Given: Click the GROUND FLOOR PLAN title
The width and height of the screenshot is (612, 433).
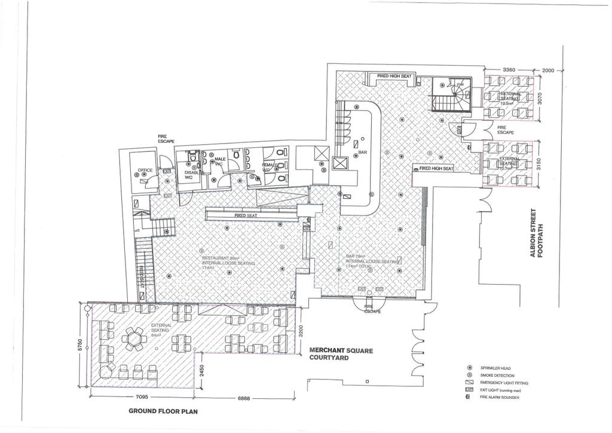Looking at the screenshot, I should (163, 411).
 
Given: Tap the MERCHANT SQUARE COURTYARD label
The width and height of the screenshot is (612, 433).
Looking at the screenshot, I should (341, 354).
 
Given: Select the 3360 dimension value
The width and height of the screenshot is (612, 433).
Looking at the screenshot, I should (509, 70).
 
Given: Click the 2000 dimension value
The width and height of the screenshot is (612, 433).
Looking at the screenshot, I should (548, 70).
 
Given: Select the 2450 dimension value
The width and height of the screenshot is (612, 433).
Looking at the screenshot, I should (204, 375).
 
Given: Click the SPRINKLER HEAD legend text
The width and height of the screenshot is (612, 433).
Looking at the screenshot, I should (495, 368).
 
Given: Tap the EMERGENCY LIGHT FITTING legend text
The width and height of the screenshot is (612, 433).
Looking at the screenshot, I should (504, 383).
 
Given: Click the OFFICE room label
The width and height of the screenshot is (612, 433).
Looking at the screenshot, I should (146, 170).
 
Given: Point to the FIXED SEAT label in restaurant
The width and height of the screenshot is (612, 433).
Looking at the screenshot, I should (246, 215).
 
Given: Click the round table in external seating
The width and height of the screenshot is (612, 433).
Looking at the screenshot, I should (133, 339).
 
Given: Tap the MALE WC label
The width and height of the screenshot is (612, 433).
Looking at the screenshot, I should (219, 161).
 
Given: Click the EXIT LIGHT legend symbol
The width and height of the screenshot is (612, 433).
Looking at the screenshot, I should (469, 389).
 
